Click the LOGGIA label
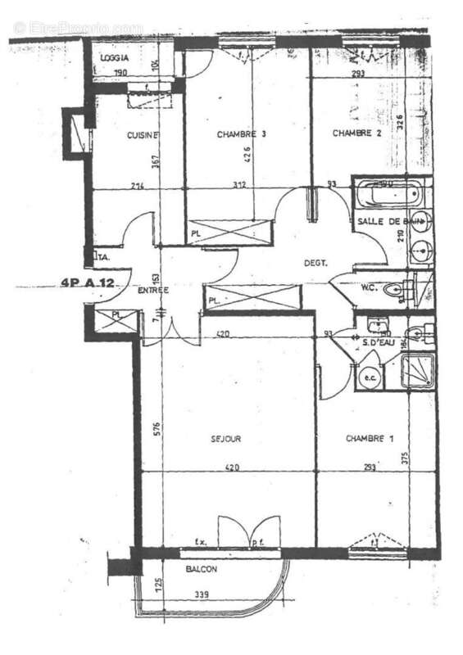(x=115, y=59)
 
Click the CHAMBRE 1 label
(x=365, y=439)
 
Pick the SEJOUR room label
(x=225, y=440)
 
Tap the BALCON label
(x=201, y=567)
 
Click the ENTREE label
(x=152, y=290)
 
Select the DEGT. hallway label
(x=315, y=263)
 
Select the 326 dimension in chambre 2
(x=400, y=124)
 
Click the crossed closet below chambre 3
(x=229, y=232)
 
